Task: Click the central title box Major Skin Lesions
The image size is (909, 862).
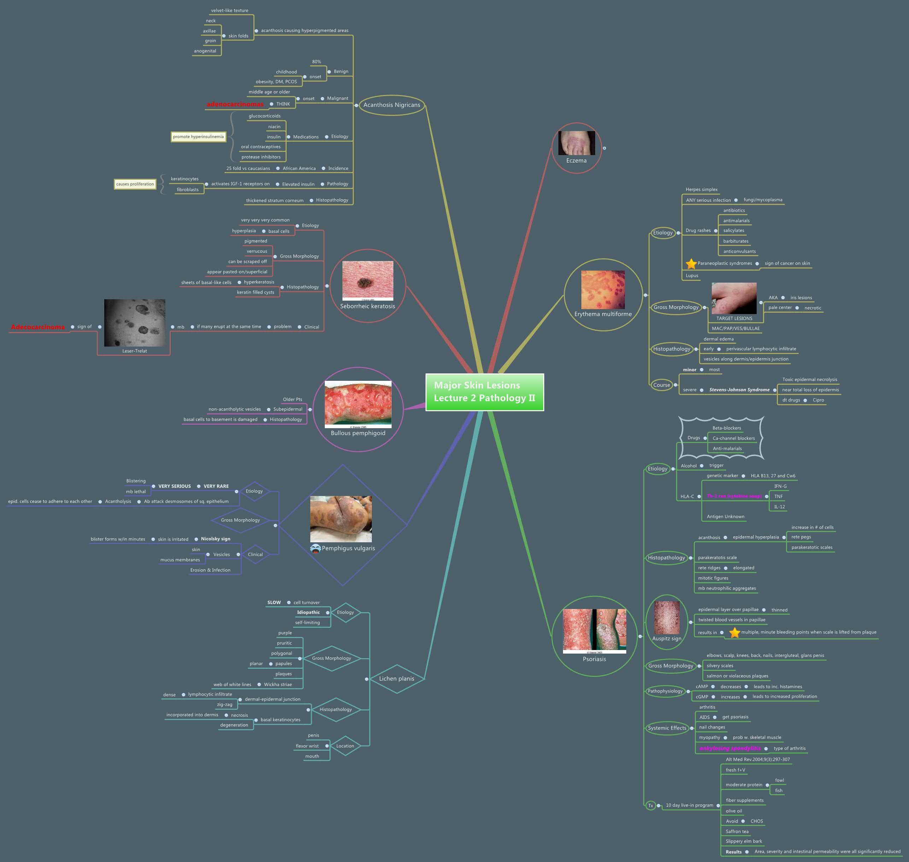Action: (485, 392)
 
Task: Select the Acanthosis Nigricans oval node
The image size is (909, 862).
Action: (392, 105)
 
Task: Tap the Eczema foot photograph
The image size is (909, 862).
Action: (576, 143)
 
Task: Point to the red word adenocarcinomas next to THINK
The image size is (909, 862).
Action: (235, 104)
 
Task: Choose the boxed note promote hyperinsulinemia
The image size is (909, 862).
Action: (198, 136)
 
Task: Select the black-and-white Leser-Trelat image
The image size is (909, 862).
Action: (135, 323)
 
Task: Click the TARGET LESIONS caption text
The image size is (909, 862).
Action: (734, 318)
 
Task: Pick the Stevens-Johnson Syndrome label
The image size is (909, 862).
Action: (739, 390)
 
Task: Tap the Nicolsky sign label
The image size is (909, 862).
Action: (216, 539)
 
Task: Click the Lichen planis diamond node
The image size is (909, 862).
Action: (396, 679)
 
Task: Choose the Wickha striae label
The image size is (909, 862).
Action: (277, 685)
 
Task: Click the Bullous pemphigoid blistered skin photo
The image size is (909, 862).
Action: (358, 405)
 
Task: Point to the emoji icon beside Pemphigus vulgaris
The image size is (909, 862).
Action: (315, 549)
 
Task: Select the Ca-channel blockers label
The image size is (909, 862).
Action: (733, 438)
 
